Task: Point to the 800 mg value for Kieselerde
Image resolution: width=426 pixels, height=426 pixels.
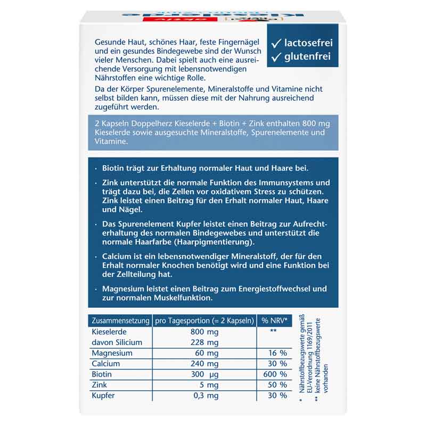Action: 205,331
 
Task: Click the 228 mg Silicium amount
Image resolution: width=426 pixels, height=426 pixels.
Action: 205,342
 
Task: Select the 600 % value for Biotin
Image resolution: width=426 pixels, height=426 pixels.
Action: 275,374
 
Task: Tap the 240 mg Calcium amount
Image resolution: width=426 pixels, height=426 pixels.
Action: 205,364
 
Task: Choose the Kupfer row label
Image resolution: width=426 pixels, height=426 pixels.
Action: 103,396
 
